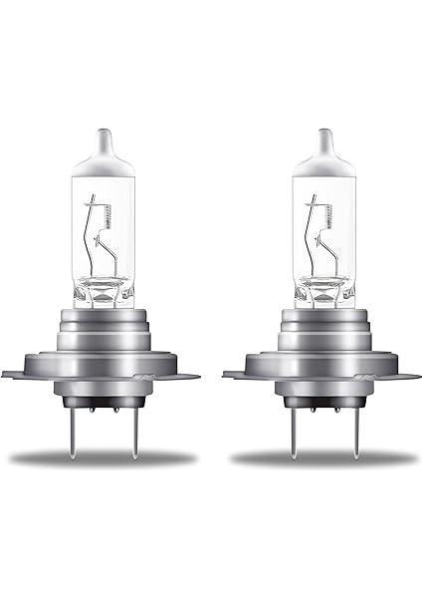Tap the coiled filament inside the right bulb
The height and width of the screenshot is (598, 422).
(320, 211)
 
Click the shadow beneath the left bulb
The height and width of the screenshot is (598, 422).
(103, 459)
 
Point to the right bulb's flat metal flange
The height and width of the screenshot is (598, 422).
(323, 375)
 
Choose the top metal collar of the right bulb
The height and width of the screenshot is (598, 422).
(324, 320)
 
